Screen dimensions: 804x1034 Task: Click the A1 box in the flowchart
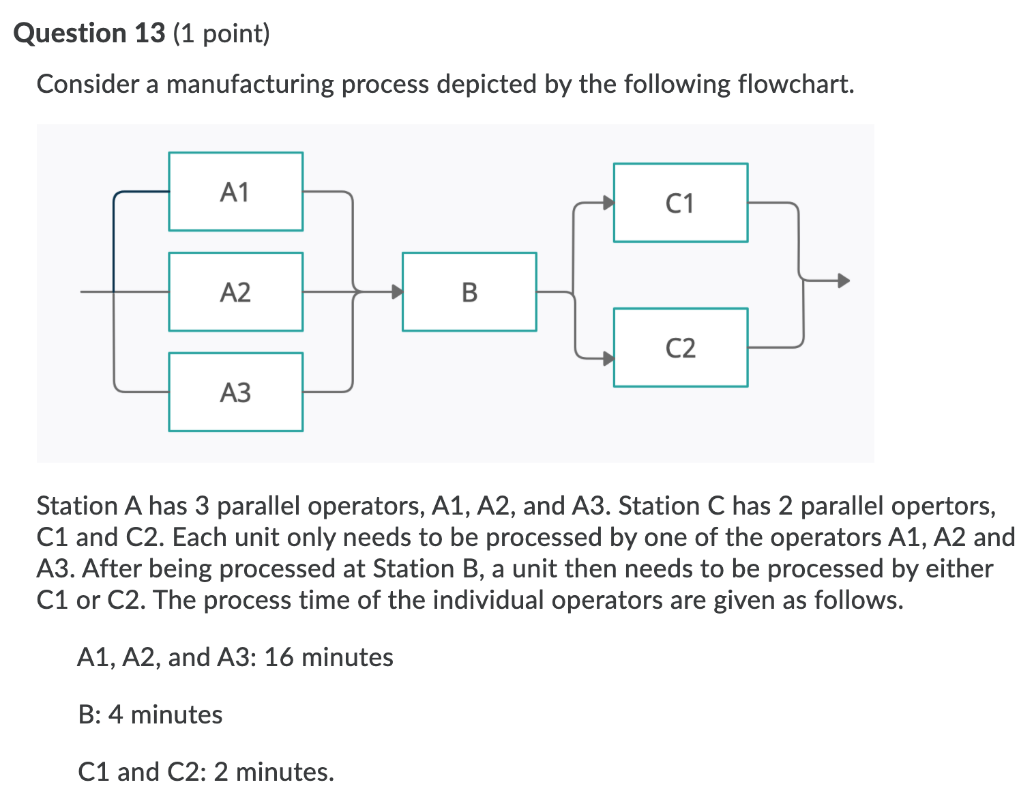click(x=235, y=192)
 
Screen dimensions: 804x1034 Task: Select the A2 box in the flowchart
click(x=235, y=292)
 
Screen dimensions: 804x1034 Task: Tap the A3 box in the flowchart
click(x=235, y=392)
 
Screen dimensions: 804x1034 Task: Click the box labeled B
click(x=469, y=292)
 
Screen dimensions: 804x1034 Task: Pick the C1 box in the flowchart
click(x=680, y=203)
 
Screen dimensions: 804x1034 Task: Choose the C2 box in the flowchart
click(x=680, y=348)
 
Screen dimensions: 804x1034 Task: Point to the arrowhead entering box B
click(x=396, y=292)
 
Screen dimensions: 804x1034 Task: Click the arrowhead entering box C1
click(x=607, y=203)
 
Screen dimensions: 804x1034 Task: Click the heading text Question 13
click(x=89, y=33)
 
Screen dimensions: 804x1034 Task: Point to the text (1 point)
click(x=222, y=33)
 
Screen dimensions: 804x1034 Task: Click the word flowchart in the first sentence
click(x=795, y=85)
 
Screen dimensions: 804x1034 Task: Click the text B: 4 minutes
click(x=150, y=715)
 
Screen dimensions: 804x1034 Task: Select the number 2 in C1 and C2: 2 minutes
click(x=221, y=772)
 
